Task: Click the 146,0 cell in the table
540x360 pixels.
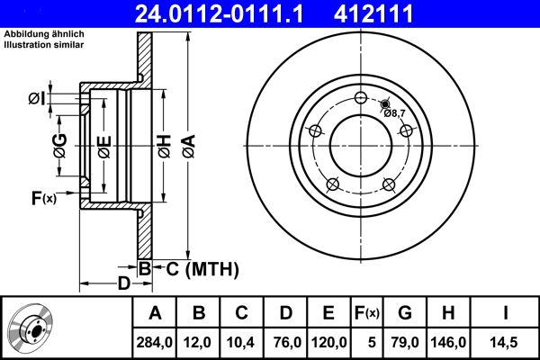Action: pos(449,342)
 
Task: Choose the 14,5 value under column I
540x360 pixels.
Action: pos(507,342)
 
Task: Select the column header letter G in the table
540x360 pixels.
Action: pos(405,314)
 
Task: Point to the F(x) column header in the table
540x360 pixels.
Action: pos(366,314)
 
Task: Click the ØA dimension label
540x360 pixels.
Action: pos(187,146)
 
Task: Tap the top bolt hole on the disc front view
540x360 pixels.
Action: pos(360,98)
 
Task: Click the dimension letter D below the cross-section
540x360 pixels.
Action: pos(125,284)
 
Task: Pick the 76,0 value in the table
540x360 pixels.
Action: pos(286,342)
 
